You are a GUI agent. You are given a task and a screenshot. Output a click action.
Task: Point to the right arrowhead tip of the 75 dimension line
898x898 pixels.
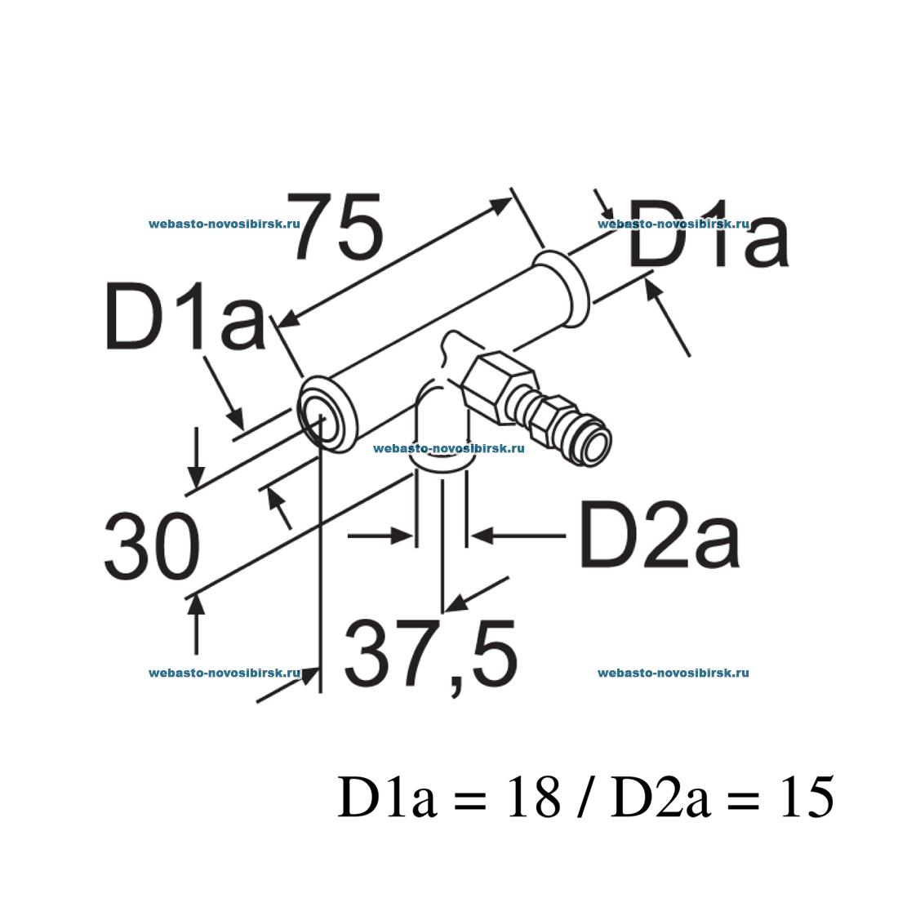(511, 198)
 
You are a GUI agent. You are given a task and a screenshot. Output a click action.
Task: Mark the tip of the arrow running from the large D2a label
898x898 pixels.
(471, 536)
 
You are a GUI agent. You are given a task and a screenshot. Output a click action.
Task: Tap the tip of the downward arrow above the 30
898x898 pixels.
(197, 488)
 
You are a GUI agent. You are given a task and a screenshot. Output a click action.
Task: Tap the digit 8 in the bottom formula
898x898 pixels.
(543, 798)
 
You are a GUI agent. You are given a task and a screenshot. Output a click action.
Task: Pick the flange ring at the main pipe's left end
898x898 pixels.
(328, 415)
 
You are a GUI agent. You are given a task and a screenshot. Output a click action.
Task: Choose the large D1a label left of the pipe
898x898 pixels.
(184, 315)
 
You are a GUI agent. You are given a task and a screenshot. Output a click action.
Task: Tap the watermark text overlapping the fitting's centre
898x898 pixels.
(448, 448)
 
